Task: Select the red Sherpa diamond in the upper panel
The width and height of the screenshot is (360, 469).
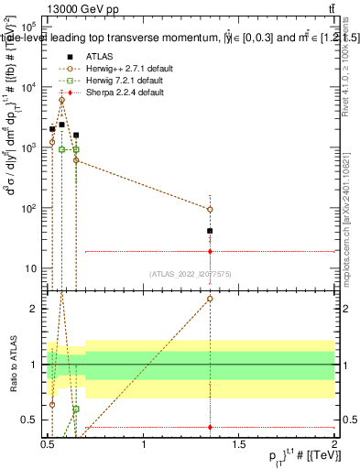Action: (x=211, y=251)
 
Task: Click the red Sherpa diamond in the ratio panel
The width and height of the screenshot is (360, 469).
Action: (x=211, y=427)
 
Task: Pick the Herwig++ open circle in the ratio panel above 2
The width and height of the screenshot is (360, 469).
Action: (x=211, y=299)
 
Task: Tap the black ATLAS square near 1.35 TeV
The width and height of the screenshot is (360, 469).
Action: (x=211, y=231)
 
